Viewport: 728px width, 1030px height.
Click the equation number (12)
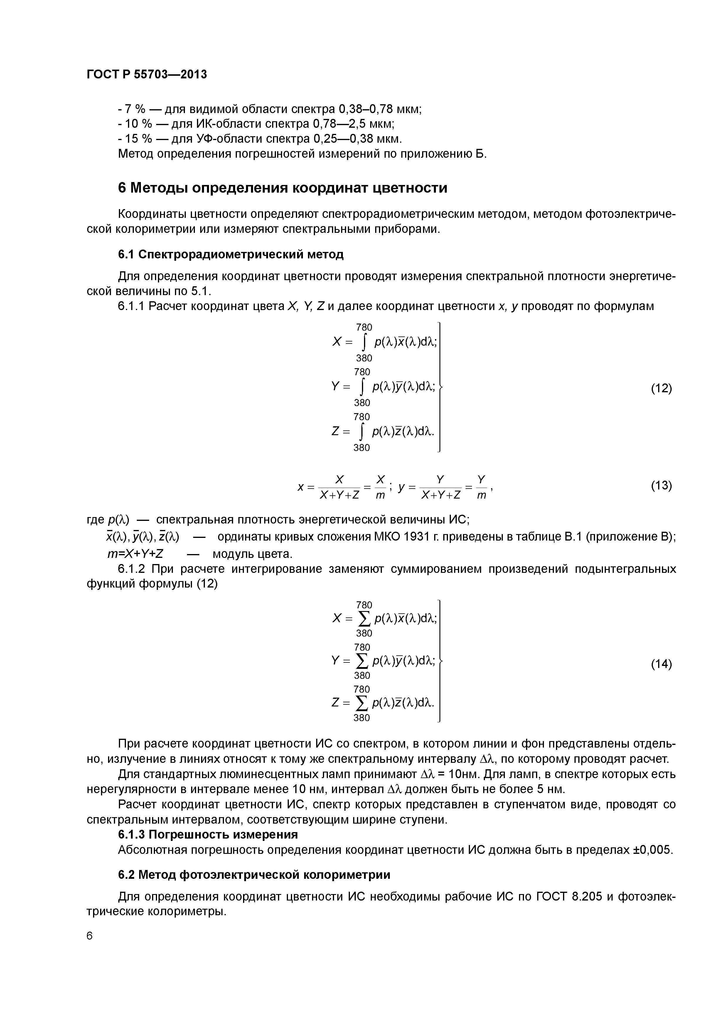click(x=661, y=388)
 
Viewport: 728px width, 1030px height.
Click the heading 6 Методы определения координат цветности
click(x=283, y=188)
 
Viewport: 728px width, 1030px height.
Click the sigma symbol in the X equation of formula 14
click(x=364, y=619)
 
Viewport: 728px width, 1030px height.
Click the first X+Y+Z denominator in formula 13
click(x=340, y=495)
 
